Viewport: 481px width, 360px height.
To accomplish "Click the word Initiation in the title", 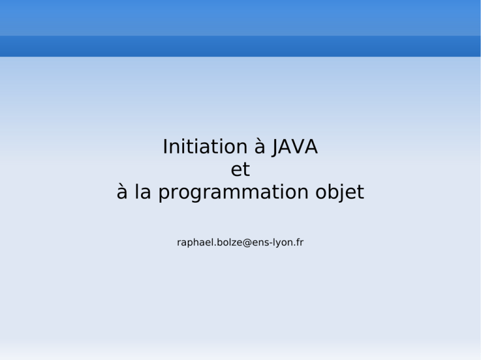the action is pos(205,147).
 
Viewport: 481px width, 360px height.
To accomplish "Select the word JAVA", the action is pos(295,147).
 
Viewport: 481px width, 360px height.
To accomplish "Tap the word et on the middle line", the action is pos(240,170).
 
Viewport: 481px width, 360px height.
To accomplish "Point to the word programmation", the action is pos(233,193).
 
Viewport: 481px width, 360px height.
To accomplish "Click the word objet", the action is pos(339,192).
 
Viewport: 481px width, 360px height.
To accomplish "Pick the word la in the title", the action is pos(143,192).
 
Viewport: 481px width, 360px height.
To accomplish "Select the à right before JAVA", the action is pos(260,147).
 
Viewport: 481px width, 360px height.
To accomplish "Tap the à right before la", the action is pos(122,192).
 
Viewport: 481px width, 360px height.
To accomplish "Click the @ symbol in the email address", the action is pos(247,242).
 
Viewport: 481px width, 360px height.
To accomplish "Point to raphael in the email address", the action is pos(195,242).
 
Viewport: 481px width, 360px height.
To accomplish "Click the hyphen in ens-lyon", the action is pos(271,243).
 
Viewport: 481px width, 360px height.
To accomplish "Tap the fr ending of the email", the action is pos(301,242).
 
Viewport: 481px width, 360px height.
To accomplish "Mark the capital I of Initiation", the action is pos(165,147).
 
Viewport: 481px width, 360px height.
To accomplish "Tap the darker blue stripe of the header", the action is pos(240,46).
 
